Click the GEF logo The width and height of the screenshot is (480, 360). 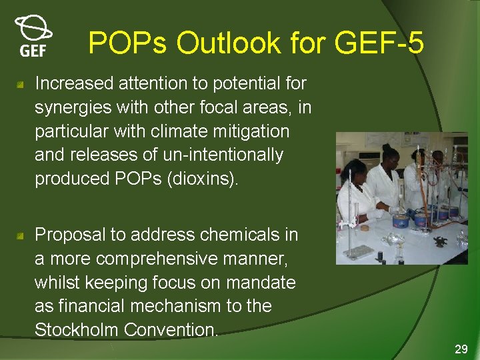pos(32,37)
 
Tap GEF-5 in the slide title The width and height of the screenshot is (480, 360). pos(379,43)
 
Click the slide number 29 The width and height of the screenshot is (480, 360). pos(461,349)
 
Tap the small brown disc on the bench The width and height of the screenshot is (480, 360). pos(364,228)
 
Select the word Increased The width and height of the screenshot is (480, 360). pos(74,83)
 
